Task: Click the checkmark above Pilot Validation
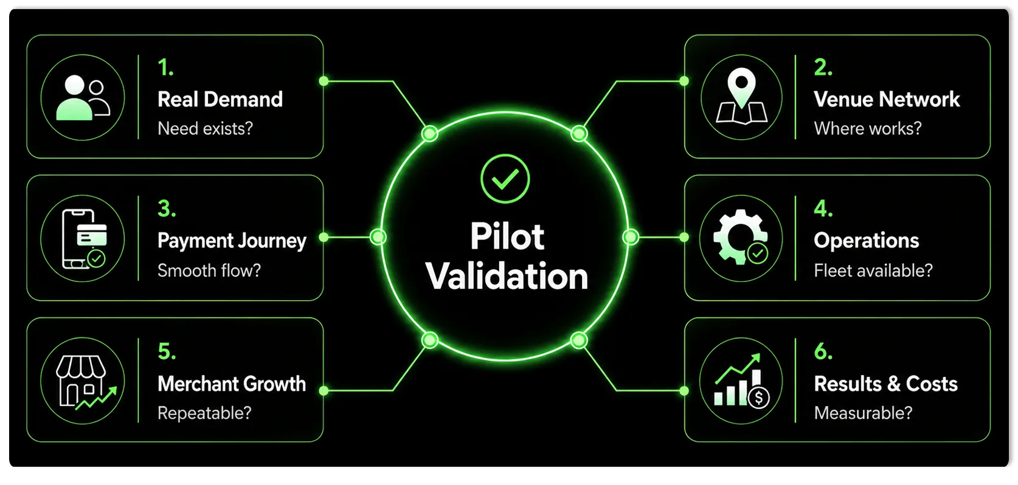point(505,179)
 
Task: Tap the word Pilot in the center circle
point(507,236)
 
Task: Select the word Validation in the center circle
point(507,276)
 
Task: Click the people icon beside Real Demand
point(83,98)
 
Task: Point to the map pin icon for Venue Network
point(742,96)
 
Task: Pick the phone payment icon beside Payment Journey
point(84,239)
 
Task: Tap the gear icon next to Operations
point(741,237)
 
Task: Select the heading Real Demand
point(220,99)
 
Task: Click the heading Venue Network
point(887,99)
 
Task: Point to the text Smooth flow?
point(209,270)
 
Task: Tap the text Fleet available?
point(873,270)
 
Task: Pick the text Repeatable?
point(204,413)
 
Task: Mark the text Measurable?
point(863,413)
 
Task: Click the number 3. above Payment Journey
point(167,209)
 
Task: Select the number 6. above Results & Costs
point(823,351)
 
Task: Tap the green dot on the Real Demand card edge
point(324,81)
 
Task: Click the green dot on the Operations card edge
point(684,237)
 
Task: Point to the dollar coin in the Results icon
point(758,398)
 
